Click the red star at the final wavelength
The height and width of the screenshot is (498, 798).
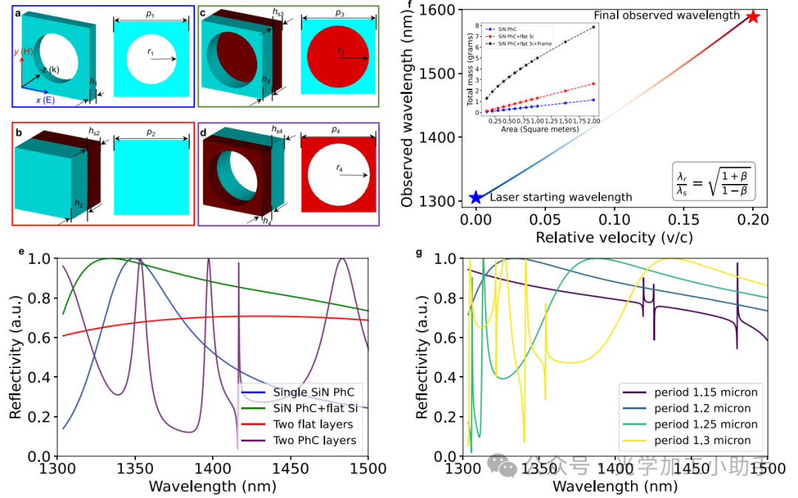pos(752,16)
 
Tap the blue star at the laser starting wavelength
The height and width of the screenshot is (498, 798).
pos(477,197)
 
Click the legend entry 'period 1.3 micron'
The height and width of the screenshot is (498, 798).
pos(703,440)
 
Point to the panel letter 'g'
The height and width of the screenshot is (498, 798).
pos(420,253)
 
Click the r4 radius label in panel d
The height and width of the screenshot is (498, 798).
pos(340,168)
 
